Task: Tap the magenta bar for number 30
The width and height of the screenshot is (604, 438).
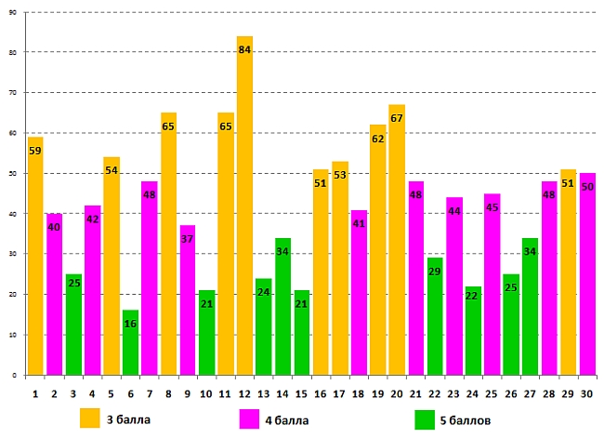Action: click(x=587, y=279)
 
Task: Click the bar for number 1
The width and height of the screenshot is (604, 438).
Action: click(x=35, y=260)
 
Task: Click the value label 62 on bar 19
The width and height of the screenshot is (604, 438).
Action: click(x=378, y=139)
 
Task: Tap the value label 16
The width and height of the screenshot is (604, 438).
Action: click(x=131, y=324)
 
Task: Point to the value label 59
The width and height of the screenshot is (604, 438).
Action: click(x=35, y=151)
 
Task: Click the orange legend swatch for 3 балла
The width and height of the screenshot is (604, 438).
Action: click(x=90, y=418)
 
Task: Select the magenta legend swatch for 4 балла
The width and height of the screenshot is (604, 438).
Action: click(x=250, y=419)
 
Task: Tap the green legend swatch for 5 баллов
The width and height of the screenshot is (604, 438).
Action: click(x=426, y=419)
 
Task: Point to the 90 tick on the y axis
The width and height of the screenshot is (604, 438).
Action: click(x=12, y=13)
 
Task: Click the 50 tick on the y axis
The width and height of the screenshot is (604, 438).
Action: click(x=12, y=174)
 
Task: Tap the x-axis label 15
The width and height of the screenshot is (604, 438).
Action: click(x=301, y=392)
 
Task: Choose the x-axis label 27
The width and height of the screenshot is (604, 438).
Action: click(x=530, y=392)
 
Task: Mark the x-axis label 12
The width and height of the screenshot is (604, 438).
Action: click(x=244, y=392)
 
